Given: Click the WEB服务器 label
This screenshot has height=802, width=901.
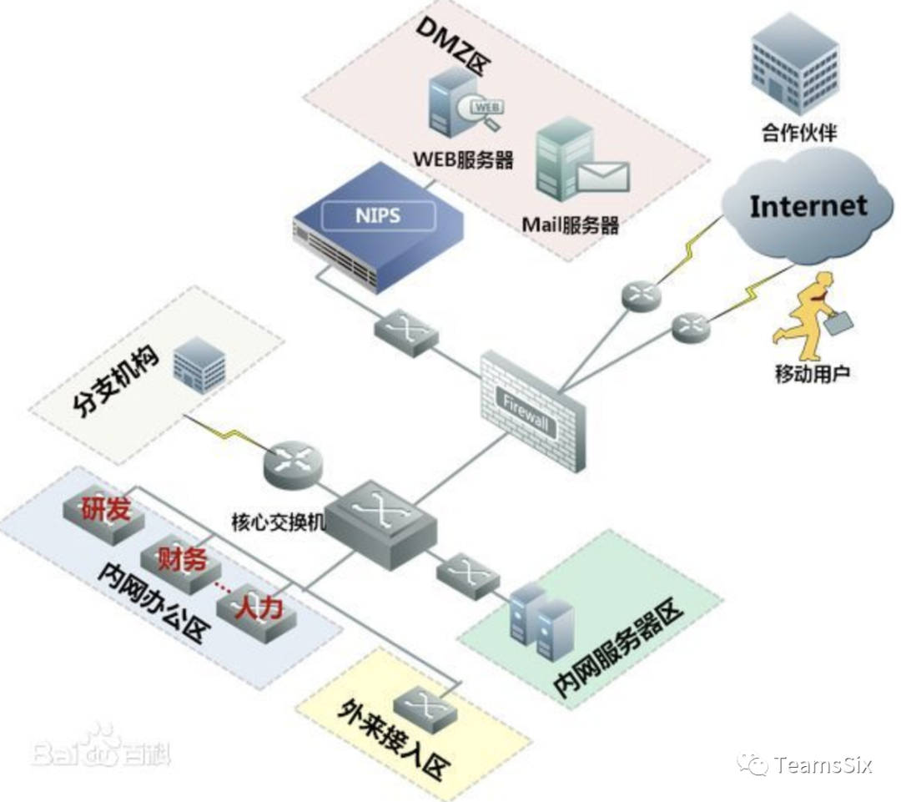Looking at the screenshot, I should pos(463,159).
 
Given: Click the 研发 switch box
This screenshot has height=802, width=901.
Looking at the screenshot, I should pos(105,514).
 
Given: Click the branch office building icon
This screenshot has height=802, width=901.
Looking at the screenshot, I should pos(199,367).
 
